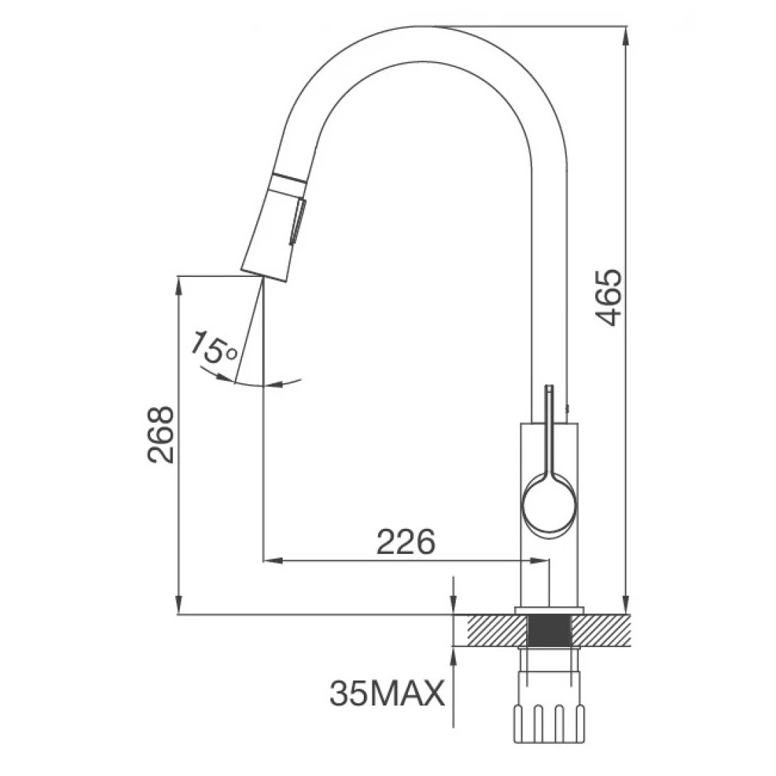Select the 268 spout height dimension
162,435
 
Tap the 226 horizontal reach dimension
405,542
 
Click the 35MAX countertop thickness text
387,692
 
